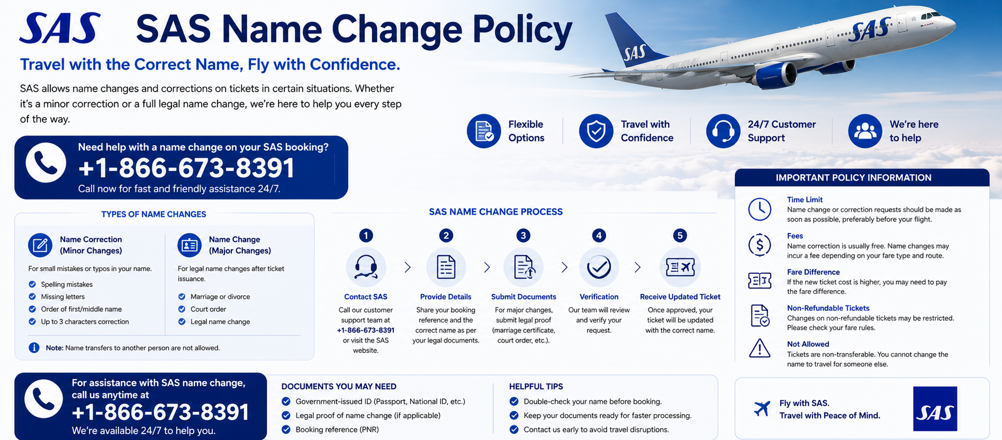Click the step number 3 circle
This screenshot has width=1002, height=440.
click(523, 236)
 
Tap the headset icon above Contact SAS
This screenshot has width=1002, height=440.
click(366, 267)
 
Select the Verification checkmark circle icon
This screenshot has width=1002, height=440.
click(599, 267)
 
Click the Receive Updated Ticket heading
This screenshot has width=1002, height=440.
click(680, 297)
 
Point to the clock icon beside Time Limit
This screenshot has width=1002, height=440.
click(760, 209)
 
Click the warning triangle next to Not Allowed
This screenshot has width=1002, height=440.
click(760, 348)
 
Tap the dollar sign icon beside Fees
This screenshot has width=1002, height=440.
click(760, 245)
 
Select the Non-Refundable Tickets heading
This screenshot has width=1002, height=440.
click(828, 308)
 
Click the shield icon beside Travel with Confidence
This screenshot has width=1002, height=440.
click(596, 131)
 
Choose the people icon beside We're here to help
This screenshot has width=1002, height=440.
click(865, 131)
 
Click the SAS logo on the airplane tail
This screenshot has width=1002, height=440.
click(635, 53)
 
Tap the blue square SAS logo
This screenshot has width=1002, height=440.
click(935, 408)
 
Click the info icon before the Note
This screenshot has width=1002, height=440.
click(34, 348)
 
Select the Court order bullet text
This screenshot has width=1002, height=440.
click(208, 309)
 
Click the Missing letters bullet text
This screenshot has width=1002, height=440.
click(62, 297)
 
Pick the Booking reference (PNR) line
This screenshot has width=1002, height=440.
click(337, 429)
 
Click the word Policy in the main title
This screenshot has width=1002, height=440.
click(522, 30)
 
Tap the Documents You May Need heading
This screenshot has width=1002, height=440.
click(339, 387)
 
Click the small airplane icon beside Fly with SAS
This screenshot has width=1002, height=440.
click(762, 409)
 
